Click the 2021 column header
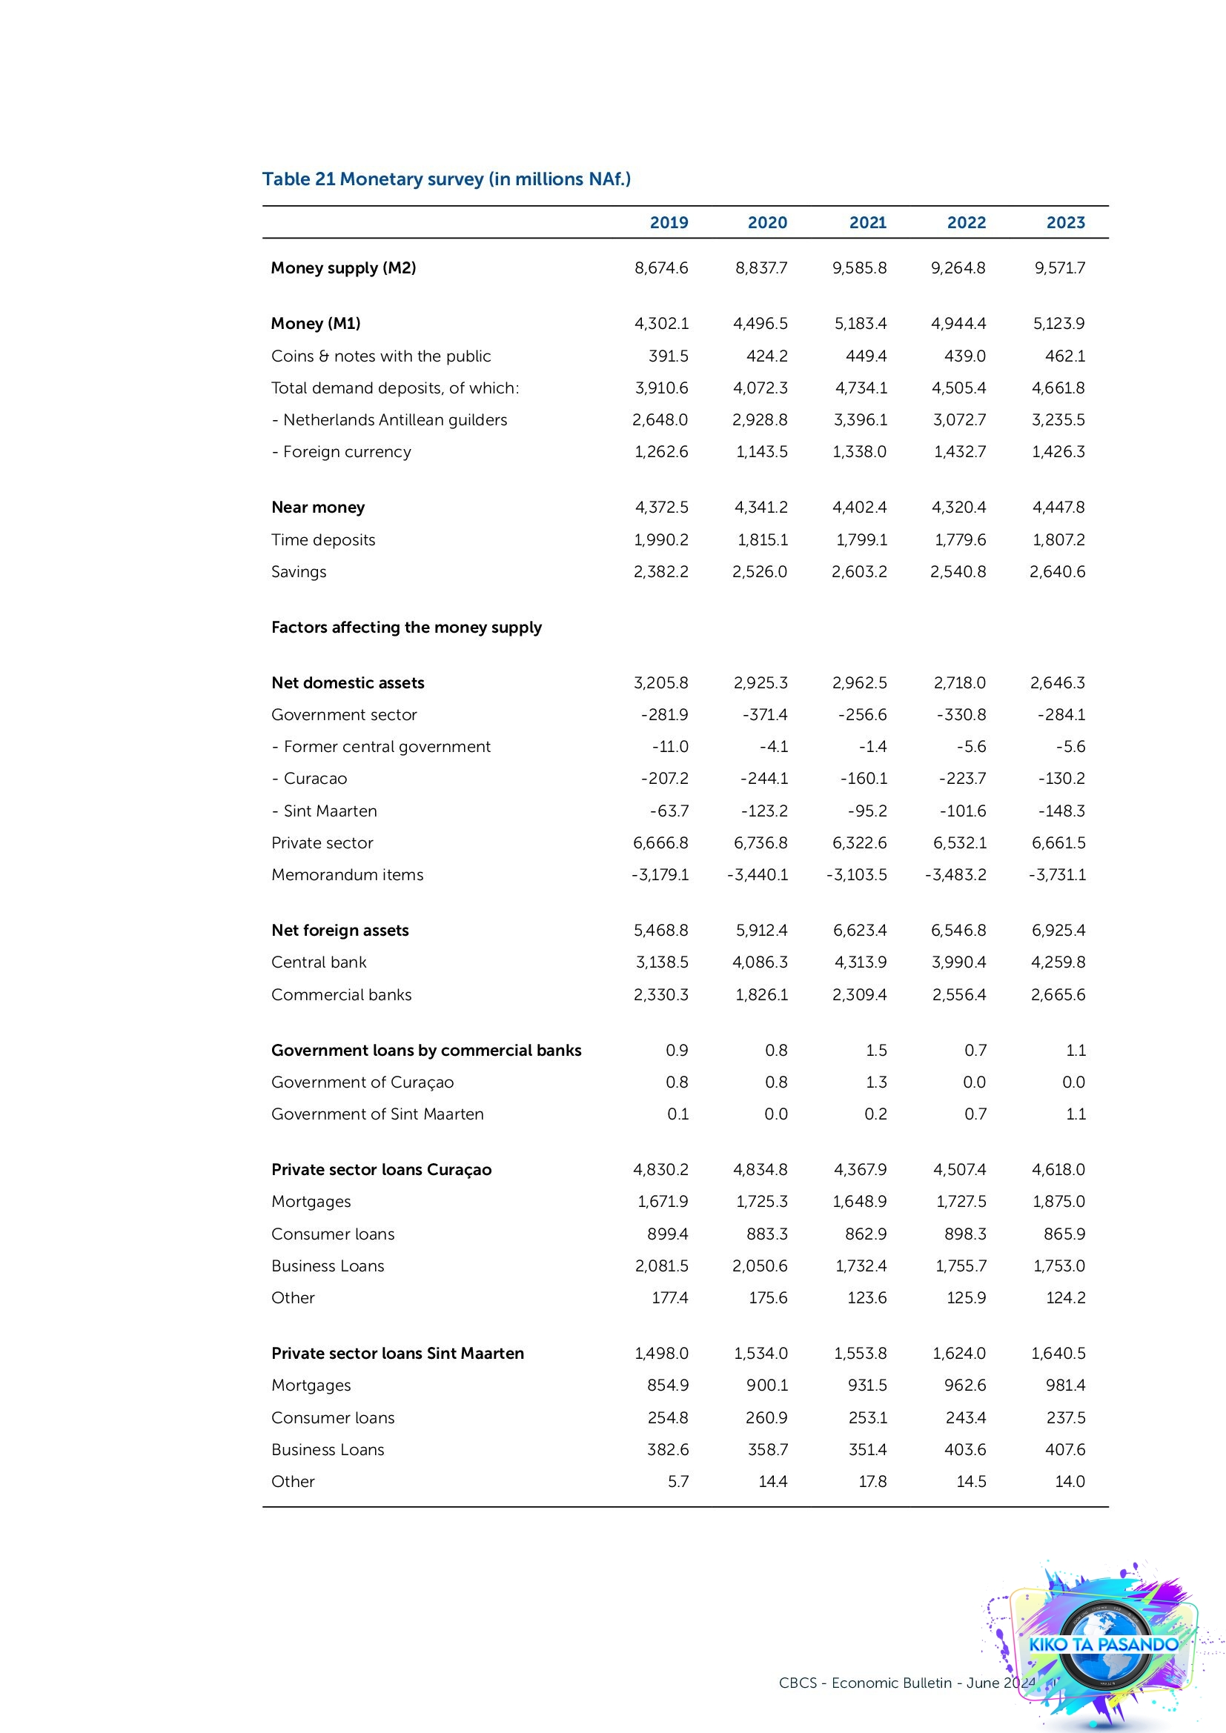coord(867,223)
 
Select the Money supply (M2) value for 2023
coord(1059,268)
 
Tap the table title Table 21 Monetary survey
coord(446,179)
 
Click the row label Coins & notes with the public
coord(380,356)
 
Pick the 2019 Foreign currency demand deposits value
coord(660,452)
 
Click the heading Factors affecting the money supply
coord(406,628)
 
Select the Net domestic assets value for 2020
coord(761,683)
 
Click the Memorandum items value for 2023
coord(1057,875)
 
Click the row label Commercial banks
coord(341,995)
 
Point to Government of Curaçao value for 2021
coord(875,1082)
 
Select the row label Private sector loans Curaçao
coord(381,1170)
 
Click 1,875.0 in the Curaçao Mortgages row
coord(1058,1202)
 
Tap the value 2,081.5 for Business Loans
coord(661,1265)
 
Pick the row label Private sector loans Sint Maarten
coord(397,1354)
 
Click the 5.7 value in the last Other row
coord(678,1482)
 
